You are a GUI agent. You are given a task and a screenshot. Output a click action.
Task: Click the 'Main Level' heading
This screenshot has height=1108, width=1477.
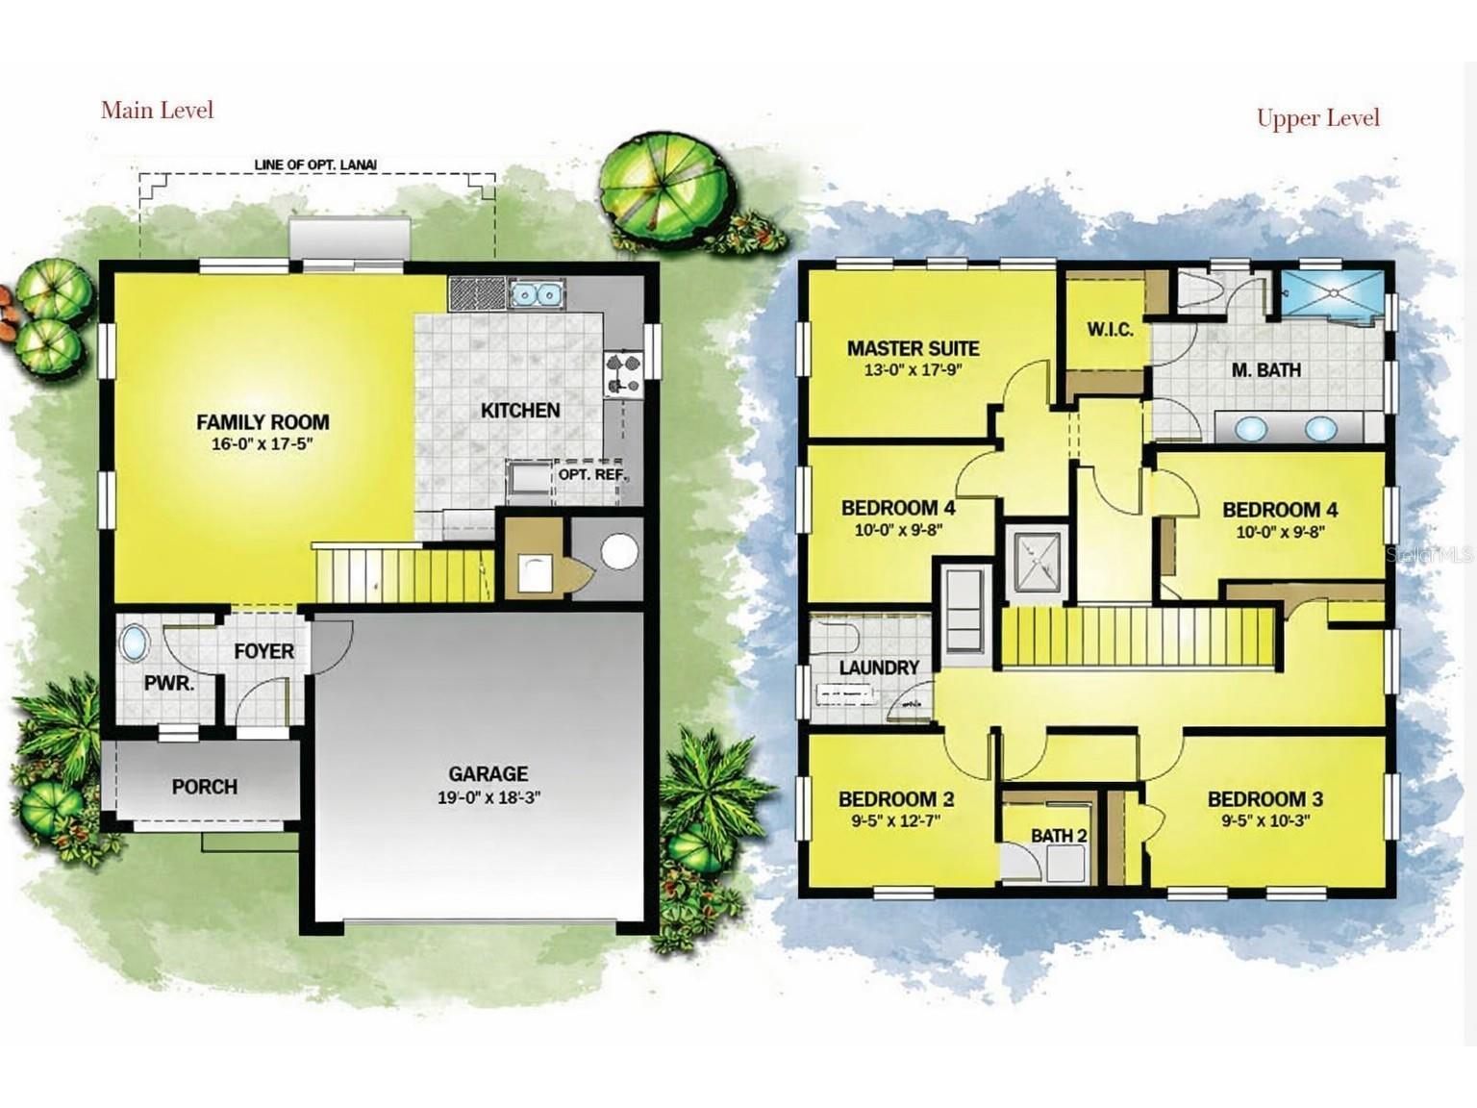click(158, 111)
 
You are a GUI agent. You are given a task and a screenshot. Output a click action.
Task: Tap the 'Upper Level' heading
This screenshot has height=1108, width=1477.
click(1318, 117)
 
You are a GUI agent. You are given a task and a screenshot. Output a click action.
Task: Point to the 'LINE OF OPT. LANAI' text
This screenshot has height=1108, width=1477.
click(315, 164)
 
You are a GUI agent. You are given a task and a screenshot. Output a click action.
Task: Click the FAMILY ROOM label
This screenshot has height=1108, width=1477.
click(263, 422)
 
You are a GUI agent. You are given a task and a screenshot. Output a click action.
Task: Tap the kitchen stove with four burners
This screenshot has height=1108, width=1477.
click(622, 374)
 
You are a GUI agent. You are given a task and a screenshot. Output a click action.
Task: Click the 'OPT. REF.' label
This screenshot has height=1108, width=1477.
click(592, 474)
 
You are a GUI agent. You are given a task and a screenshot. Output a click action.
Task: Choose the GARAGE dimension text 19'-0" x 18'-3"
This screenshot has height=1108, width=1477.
click(489, 798)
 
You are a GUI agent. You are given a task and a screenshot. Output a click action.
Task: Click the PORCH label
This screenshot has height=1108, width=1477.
click(205, 787)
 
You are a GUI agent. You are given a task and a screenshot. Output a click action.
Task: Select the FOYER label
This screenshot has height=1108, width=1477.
click(263, 651)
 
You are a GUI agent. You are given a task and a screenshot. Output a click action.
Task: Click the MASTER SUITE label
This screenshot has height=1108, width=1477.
click(914, 348)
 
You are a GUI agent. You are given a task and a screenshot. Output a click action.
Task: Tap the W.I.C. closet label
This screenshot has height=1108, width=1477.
click(1111, 330)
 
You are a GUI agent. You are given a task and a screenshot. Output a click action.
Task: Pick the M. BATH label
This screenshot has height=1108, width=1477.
click(1266, 369)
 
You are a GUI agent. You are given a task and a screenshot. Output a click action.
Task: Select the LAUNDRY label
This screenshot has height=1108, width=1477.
click(879, 667)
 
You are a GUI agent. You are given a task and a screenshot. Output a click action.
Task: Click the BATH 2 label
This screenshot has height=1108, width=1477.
click(1059, 836)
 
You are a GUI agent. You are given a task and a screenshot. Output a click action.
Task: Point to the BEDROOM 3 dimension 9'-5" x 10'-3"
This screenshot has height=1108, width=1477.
click(1265, 820)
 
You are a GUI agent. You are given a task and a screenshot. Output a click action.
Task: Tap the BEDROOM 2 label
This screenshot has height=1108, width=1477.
click(896, 799)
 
